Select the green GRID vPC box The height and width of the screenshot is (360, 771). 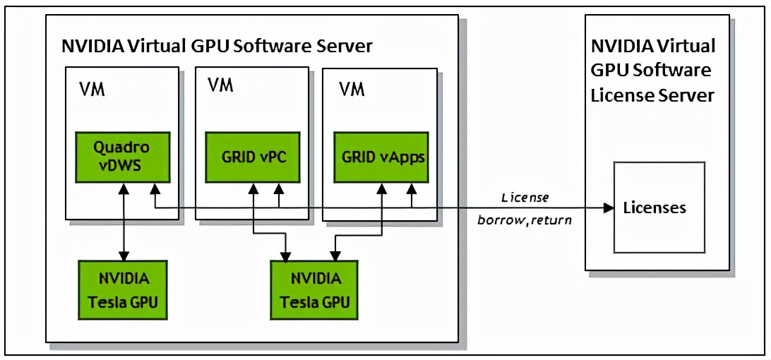tap(253, 157)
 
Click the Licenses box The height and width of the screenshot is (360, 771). tap(659, 208)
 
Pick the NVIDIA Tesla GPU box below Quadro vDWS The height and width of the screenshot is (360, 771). tap(123, 289)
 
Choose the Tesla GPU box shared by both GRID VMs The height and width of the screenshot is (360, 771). tap(313, 290)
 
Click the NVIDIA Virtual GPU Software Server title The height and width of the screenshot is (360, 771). tap(217, 46)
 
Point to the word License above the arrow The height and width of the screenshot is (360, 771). tap(525, 197)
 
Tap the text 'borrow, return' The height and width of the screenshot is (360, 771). tap(525, 220)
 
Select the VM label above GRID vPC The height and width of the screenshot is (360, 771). tap(220, 85)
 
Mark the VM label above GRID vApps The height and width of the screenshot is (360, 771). tap(352, 90)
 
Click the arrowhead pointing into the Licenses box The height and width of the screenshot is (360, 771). tap(609, 208)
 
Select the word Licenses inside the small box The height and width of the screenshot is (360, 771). tap(655, 208)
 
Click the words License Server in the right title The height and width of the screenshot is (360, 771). tap(652, 95)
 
